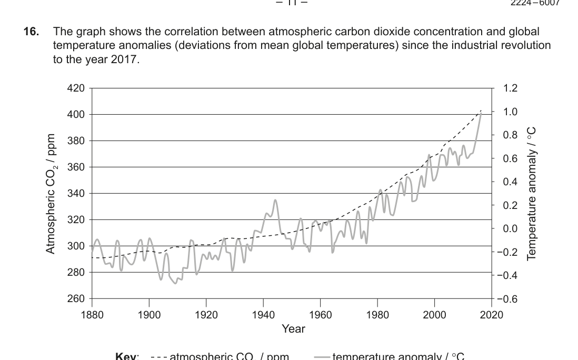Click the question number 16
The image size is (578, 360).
point(31,32)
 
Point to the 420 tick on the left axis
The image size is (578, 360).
point(76,88)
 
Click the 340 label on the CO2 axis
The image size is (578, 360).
point(76,193)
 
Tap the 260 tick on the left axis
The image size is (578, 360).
point(76,298)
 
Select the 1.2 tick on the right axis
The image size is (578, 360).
point(510,88)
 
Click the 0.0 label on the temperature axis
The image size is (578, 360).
point(510,228)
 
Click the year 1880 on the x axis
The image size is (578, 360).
point(92,315)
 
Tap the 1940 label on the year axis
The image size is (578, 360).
point(263,315)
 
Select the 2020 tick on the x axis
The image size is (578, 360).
point(492,315)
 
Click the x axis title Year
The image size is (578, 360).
point(293,329)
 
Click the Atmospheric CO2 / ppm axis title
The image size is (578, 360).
point(51,193)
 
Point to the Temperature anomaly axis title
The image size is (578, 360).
point(532,193)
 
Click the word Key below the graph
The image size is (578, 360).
point(127,356)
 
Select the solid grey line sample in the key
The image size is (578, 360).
point(322,356)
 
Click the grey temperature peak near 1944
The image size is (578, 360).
point(275,200)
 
